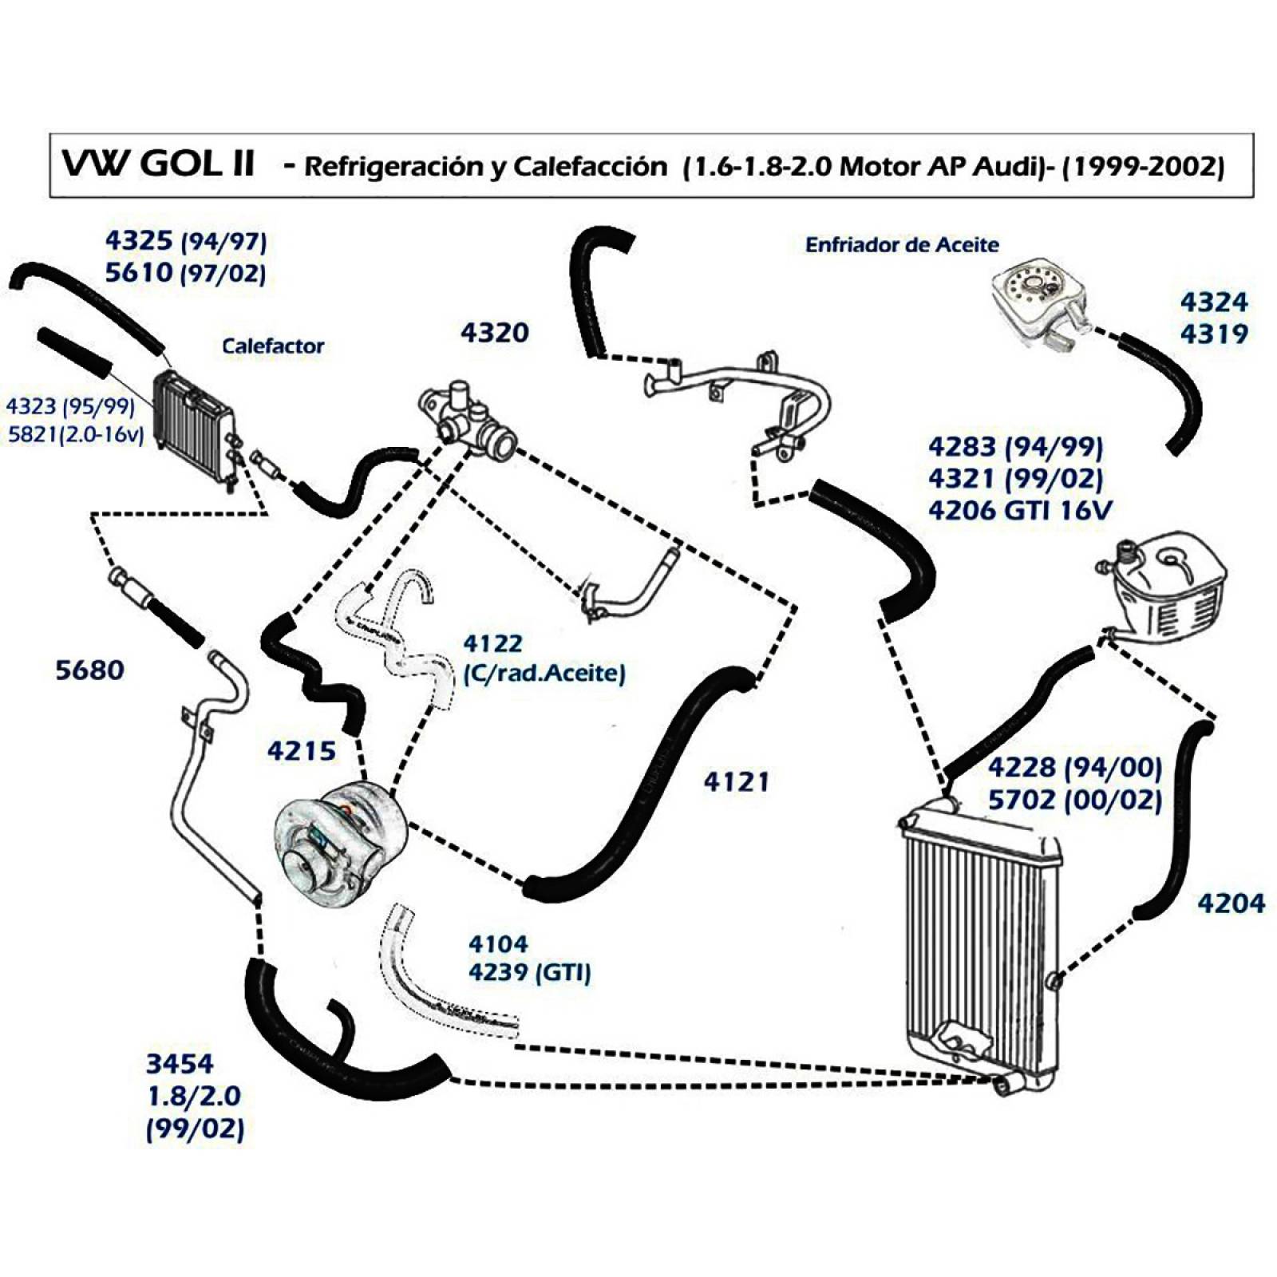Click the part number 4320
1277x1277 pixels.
pos(494,333)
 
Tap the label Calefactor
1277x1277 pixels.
pos(273,346)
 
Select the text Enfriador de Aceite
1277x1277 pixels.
pos(902,245)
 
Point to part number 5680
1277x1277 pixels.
pos(90,670)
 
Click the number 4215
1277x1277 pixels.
pos(302,751)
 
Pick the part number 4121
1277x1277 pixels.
pos(737,782)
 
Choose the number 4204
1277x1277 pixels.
pos(1232,903)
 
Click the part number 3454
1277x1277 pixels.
pos(180,1064)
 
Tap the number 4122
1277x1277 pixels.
pos(493,643)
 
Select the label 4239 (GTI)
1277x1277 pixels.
pos(530,973)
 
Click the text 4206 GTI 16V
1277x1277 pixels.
pos(1020,510)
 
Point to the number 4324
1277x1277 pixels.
pos(1214,302)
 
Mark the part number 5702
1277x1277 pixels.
pos(1022,800)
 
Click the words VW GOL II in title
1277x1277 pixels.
pos(158,164)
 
